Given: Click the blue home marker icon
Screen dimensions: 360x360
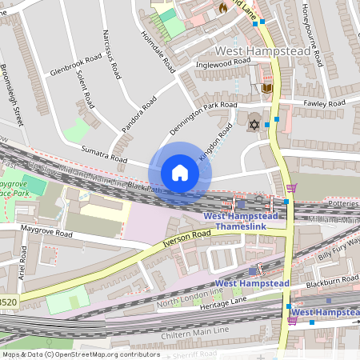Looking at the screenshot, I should click(x=180, y=172).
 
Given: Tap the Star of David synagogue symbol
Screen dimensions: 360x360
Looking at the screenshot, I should click(x=254, y=125).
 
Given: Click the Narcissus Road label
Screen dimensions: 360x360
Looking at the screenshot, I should click(x=111, y=54).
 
